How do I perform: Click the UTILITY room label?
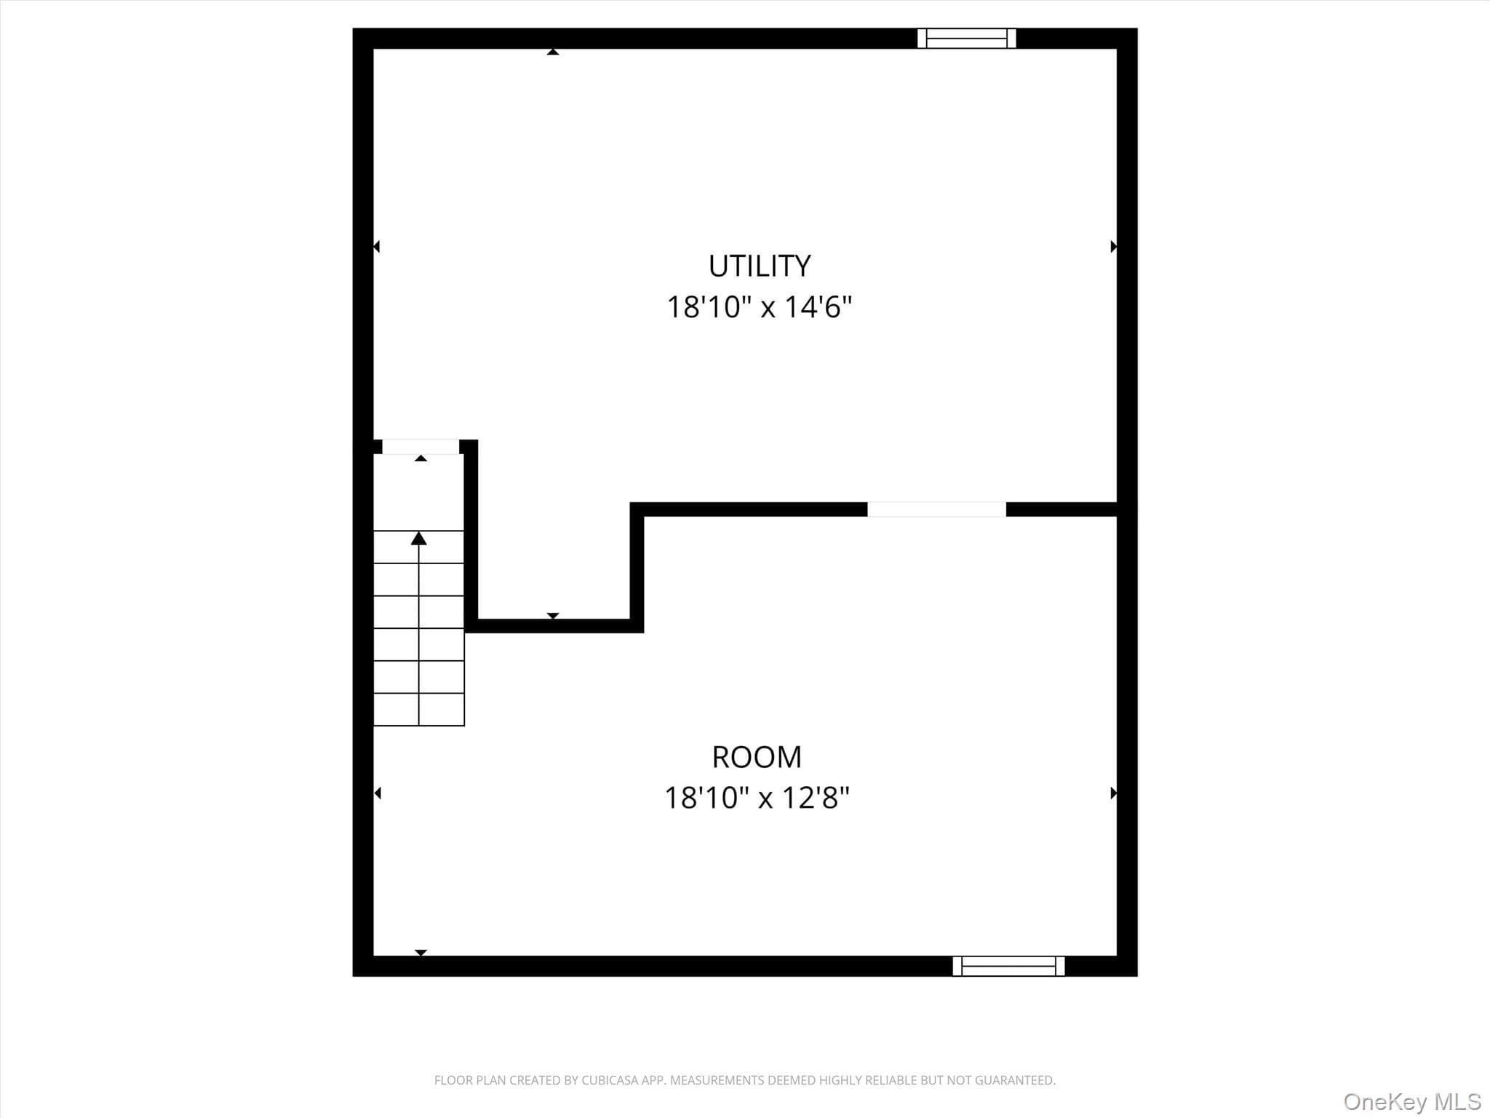coord(760,266)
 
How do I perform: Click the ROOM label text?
coord(757,758)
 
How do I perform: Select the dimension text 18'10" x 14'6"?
coord(759,307)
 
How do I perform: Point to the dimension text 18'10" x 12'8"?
coord(757,798)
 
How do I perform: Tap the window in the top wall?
coord(966,39)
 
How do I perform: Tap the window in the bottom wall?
coord(1008,966)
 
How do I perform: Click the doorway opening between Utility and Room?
coord(936,510)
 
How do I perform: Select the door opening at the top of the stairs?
coord(421,447)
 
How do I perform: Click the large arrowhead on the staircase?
coord(418,539)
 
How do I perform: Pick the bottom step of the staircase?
coord(419,710)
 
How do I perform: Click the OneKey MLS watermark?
coord(1412,1102)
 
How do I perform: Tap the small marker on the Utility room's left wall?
coord(376,247)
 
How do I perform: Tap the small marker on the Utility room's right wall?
coord(1114,247)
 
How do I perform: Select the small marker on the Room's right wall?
coord(1114,793)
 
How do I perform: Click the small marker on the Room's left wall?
coord(377,793)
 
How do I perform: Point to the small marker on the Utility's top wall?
coord(553,52)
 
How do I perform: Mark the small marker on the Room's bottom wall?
coord(421,953)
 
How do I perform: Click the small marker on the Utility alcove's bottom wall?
coord(553,616)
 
